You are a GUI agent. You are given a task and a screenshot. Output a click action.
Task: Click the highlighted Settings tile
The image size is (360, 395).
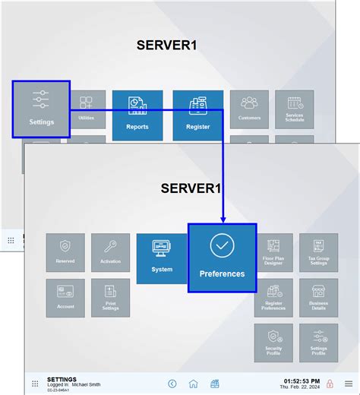click(x=41, y=109)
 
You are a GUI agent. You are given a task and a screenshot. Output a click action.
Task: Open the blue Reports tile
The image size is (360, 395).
click(x=137, y=115)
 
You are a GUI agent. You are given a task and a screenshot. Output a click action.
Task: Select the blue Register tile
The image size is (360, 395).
click(x=197, y=115)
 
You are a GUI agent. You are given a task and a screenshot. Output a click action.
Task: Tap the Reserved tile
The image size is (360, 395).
click(x=65, y=252)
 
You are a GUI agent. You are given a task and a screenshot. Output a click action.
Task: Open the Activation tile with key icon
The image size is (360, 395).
click(x=111, y=252)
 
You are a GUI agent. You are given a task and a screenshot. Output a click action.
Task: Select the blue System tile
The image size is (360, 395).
click(x=162, y=258)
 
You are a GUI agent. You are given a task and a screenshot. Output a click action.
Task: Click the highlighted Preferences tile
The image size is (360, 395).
click(x=222, y=258)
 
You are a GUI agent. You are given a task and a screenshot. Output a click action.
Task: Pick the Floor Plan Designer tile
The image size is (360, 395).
click(x=273, y=252)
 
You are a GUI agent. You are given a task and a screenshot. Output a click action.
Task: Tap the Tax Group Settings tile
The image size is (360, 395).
click(x=319, y=252)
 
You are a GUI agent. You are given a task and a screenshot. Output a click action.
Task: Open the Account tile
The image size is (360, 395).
click(x=65, y=298)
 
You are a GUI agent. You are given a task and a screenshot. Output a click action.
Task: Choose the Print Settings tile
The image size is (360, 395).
click(x=111, y=298)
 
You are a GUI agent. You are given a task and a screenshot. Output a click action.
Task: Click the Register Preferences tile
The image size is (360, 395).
click(x=273, y=298)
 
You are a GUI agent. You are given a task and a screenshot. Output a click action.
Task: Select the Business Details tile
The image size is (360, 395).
click(x=319, y=298)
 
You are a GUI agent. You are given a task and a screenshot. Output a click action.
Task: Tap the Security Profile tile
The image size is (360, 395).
click(x=273, y=343)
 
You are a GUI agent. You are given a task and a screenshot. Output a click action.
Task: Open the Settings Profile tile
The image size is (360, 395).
click(x=319, y=343)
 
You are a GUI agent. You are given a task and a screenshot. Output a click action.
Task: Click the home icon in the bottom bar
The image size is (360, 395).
click(x=194, y=384)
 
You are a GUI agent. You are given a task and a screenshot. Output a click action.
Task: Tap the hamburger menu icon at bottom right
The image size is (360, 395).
click(x=348, y=384)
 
